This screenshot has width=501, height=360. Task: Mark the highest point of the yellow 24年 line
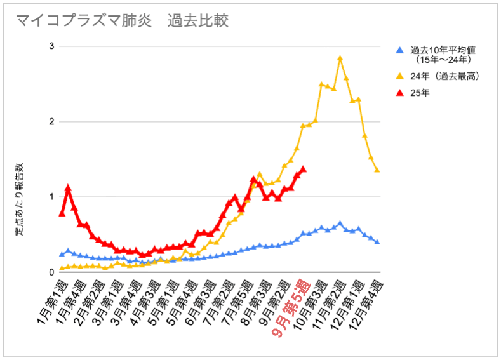click(340, 58)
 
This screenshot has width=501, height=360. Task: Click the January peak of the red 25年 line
click(68, 189)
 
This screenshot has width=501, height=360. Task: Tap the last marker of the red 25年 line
click(304, 170)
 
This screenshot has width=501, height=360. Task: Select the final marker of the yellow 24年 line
click(377, 170)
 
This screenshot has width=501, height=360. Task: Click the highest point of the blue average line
click(340, 223)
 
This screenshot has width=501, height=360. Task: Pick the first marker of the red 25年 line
click(62, 213)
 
